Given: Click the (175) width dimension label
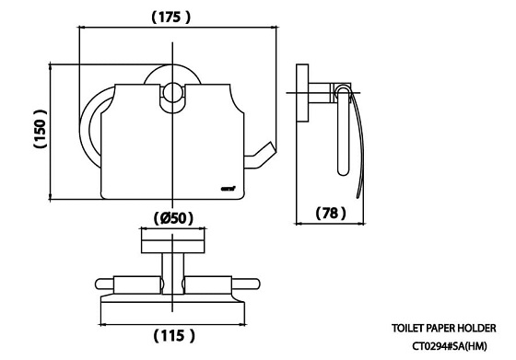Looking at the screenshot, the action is point(170,17).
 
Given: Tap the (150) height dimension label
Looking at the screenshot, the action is point(41,129).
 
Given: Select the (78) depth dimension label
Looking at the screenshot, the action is point(331,213).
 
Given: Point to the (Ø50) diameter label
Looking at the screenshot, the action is point(173,218).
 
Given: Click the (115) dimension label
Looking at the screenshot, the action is point(174,336).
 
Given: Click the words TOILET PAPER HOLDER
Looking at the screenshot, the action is point(443,328).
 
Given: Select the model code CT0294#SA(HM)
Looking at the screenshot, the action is point(450,346).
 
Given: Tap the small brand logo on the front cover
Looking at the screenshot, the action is point(228,189).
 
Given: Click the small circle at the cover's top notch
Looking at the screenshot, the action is point(172,92).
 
